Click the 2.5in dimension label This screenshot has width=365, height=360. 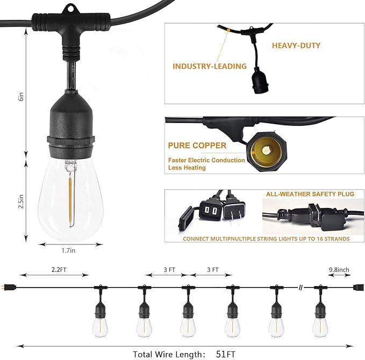(19, 201)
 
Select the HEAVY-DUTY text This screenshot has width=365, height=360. (296, 46)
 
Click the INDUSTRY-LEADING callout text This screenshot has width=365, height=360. (209, 67)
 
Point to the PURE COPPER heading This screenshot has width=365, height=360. (197, 146)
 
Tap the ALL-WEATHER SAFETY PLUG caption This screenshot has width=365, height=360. (310, 194)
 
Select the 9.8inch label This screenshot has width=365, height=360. (340, 270)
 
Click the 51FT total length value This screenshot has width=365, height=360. (226, 354)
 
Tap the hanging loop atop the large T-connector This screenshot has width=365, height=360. (69, 10)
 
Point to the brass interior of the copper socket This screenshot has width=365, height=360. (264, 145)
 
